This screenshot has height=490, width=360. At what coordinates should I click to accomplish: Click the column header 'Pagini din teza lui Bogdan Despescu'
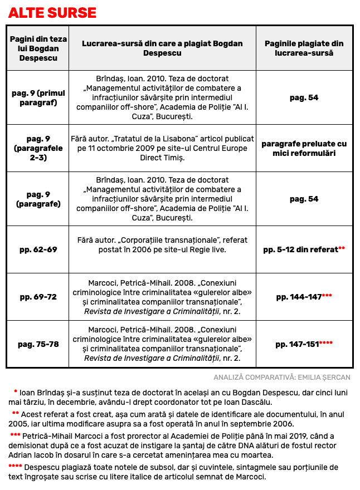pyautogui.click(x=38, y=48)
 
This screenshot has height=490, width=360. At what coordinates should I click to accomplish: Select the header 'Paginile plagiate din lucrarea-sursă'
pyautogui.click(x=304, y=48)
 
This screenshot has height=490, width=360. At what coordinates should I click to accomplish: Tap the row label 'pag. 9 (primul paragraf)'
pyautogui.click(x=38, y=97)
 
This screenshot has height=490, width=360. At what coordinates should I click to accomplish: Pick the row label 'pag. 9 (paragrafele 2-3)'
pyautogui.click(x=38, y=148)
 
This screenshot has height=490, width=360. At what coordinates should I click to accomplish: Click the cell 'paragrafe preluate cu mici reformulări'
pyautogui.click(x=304, y=148)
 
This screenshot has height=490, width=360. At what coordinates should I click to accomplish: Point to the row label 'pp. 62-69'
pyautogui.click(x=38, y=249)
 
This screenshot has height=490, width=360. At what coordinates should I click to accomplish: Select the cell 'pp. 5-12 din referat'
pyautogui.click(x=300, y=249)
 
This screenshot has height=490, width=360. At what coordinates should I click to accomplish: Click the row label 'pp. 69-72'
pyautogui.click(x=38, y=297)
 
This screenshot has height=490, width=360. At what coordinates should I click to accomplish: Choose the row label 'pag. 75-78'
pyautogui.click(x=38, y=344)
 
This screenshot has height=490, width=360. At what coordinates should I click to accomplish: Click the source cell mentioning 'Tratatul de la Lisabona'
pyautogui.click(x=162, y=148)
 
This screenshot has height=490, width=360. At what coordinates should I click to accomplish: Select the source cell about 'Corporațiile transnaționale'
pyautogui.click(x=162, y=245)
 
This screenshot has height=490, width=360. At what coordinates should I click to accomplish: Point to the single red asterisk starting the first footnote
pyautogui.click(x=16, y=392)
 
